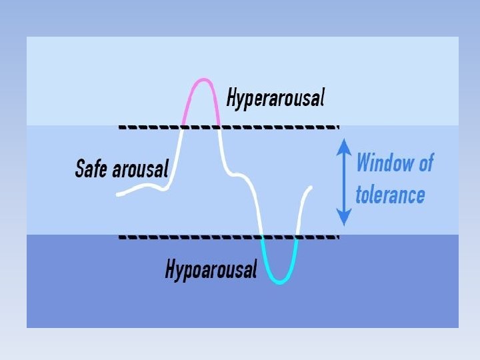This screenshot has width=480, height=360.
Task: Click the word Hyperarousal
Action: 276,99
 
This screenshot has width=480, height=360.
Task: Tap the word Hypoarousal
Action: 211,270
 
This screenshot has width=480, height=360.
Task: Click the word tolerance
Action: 390,195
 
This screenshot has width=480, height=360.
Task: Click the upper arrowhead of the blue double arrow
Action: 343,144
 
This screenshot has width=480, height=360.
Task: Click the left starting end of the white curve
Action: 118,194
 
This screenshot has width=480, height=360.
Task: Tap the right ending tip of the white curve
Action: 311,188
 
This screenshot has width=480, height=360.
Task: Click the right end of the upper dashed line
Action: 337,126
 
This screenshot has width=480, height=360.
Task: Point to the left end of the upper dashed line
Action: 120,126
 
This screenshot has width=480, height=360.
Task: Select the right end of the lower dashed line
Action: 337,236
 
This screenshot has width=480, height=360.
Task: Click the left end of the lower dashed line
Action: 120,236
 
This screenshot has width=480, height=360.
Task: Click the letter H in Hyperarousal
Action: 231,99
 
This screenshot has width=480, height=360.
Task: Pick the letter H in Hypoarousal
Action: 170,270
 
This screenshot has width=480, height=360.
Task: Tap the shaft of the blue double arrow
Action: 343,181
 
